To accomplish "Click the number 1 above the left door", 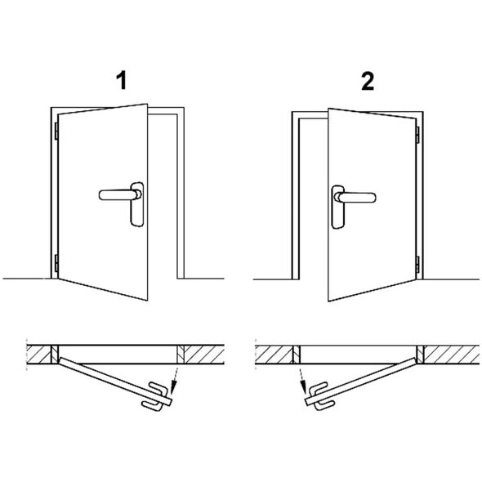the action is [122, 81].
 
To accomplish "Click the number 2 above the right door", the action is [368, 81].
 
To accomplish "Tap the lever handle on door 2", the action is [355, 198].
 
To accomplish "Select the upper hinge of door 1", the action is [56, 131].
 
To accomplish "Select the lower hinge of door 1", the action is [56, 263].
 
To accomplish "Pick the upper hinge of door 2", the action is [417, 135].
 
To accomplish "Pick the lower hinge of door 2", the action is [417, 265].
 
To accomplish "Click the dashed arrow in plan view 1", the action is [175, 381].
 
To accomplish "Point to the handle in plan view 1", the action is [156, 396].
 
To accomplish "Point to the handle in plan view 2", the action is [322, 396].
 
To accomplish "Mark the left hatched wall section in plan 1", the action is [38, 355].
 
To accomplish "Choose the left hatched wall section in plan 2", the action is [274, 355].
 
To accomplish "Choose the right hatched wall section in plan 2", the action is [451, 355].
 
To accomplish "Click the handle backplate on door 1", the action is [137, 204].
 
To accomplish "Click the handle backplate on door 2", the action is [338, 207].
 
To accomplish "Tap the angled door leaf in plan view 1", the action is [115, 382].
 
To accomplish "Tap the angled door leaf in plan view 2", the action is [360, 382].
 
